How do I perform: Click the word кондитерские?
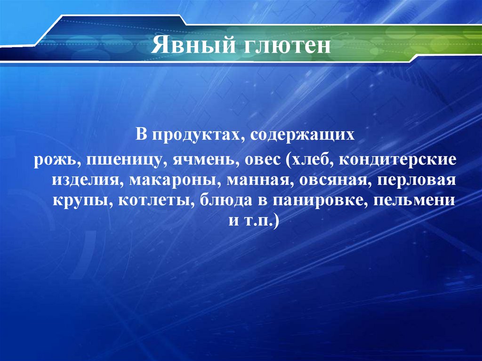(402, 160)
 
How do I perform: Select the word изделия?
(84, 180)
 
